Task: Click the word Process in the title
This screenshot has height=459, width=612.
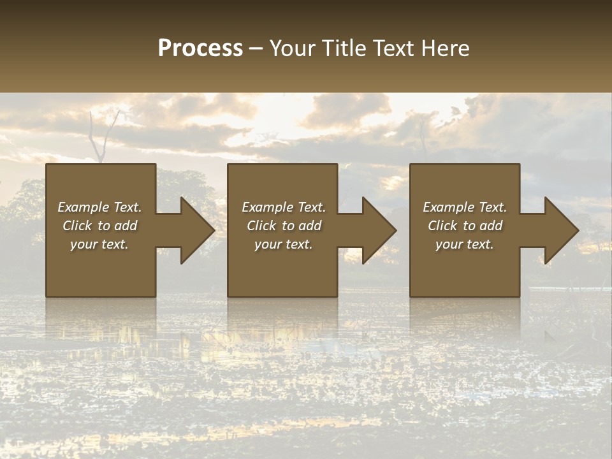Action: pyautogui.click(x=200, y=48)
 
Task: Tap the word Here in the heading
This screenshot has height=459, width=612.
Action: pyautogui.click(x=445, y=48)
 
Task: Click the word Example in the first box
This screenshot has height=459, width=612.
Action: pyautogui.click(x=84, y=207)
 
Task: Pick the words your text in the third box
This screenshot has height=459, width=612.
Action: pyautogui.click(x=465, y=244)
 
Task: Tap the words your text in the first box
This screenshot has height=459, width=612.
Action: pyautogui.click(x=99, y=244)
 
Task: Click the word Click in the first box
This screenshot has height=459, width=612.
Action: pyautogui.click(x=78, y=226)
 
